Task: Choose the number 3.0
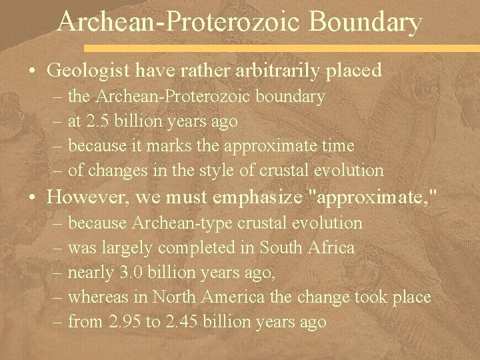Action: coord(131,273)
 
